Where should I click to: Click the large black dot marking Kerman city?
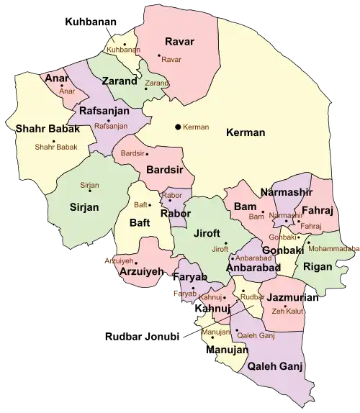pyautogui.click(x=177, y=127)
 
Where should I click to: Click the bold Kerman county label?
pyautogui.click(x=246, y=132)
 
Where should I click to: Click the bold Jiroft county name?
pyautogui.click(x=207, y=233)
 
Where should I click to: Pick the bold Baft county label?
pyautogui.click(x=140, y=223)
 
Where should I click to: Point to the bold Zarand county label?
pyautogui.click(x=119, y=81)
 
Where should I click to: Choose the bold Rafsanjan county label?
pyautogui.click(x=104, y=111)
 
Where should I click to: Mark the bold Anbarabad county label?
pyautogui.click(x=253, y=268)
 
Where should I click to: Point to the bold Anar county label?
pyautogui.click(x=58, y=78)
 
